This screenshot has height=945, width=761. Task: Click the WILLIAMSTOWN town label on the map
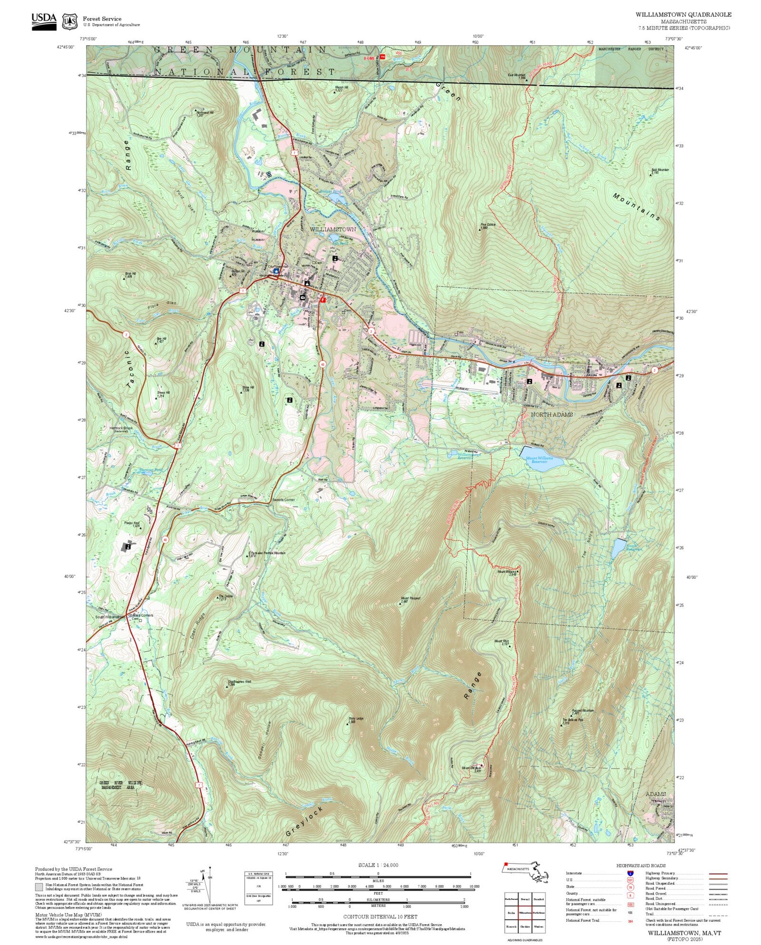[333, 229]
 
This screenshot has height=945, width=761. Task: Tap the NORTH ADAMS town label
[551, 415]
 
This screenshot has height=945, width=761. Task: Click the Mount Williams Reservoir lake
[543, 459]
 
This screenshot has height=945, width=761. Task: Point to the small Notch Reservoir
[618, 548]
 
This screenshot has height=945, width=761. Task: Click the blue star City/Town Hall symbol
[275, 271]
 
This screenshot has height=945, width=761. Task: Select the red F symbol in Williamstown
[323, 300]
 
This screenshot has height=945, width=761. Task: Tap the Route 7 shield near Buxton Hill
[244, 290]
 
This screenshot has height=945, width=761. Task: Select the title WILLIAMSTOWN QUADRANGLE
[683, 15]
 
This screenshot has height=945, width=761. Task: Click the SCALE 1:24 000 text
[378, 865]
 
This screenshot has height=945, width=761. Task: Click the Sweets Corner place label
[283, 500]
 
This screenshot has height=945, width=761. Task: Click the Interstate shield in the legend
[630, 873]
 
